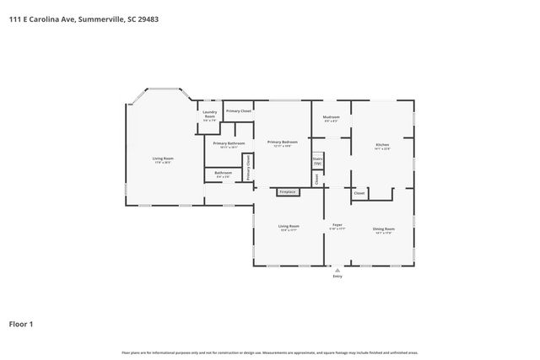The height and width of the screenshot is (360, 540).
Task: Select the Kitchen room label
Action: (382, 146)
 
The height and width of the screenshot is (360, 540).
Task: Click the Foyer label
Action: (337, 225)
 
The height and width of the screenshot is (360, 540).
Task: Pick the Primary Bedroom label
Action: (283, 142)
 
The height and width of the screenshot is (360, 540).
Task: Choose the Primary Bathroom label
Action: (229, 143)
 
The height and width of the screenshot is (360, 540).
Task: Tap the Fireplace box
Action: (288, 191)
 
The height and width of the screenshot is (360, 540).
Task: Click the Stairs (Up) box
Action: (317, 160)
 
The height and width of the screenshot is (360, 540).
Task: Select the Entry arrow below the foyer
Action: (337, 269)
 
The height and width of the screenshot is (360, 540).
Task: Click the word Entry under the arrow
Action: (337, 276)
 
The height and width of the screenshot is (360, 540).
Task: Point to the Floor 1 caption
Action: (21, 324)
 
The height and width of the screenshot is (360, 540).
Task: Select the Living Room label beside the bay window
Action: (163, 159)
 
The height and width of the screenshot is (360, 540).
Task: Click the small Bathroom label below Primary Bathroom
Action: (223, 174)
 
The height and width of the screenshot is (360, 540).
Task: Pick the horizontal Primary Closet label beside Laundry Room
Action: (239, 110)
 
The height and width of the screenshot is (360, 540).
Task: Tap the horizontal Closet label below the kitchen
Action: (359, 193)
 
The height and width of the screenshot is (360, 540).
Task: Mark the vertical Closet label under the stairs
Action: (317, 178)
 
